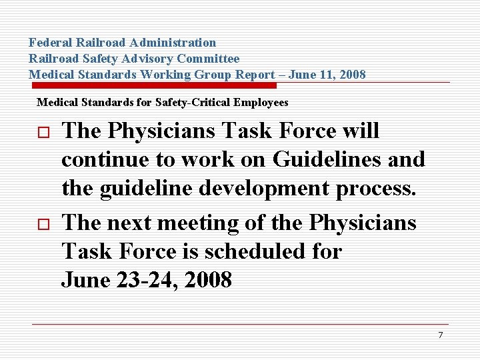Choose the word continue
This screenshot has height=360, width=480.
105,160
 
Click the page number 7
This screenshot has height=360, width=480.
440,335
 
